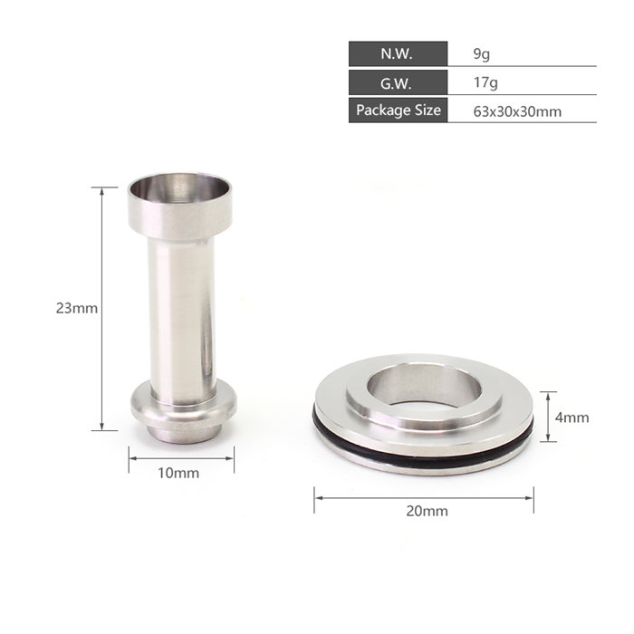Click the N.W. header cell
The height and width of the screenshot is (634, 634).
pos(398,53)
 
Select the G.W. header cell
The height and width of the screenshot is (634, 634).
pos(398,82)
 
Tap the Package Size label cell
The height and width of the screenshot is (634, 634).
pos(398,110)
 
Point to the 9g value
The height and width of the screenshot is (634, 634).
pos(482,54)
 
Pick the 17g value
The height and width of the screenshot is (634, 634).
pos(485,83)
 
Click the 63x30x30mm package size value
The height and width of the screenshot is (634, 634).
pos(517,111)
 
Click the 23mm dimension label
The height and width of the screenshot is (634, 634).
pos(77,308)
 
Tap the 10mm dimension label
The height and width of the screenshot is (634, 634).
pos(178,473)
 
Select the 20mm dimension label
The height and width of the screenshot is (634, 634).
pos(427,511)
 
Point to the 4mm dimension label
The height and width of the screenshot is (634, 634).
pos(572,418)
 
